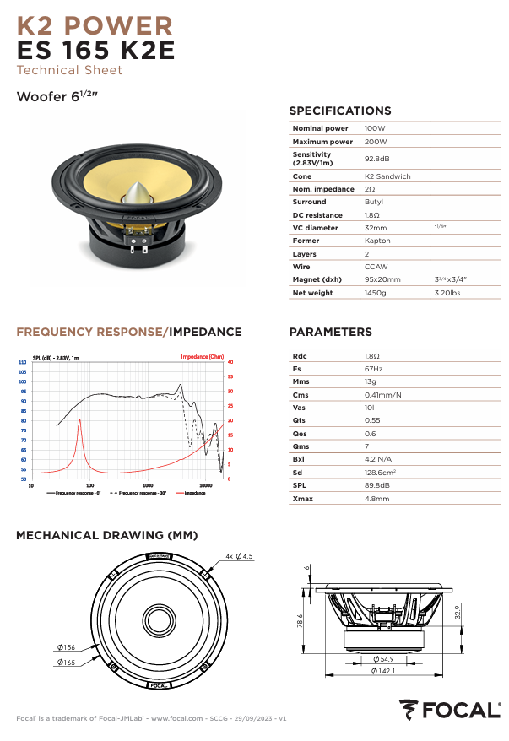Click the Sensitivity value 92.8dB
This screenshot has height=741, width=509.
pos(376,159)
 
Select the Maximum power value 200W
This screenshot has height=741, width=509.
pos(376,142)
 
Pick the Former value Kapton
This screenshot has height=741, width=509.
pos(377,241)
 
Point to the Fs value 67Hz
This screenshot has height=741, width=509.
pos(373,369)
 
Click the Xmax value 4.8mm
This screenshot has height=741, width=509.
pos(376,499)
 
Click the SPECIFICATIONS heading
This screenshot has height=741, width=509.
pos(339,111)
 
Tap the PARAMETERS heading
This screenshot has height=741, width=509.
pos(330,332)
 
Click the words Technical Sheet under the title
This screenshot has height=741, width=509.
pos(69,70)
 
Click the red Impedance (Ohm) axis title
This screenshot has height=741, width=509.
pos(203,357)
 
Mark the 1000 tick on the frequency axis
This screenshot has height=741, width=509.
pos(148,486)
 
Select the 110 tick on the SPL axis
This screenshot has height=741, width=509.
pos(22,362)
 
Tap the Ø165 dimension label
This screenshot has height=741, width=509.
pos(67,663)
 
